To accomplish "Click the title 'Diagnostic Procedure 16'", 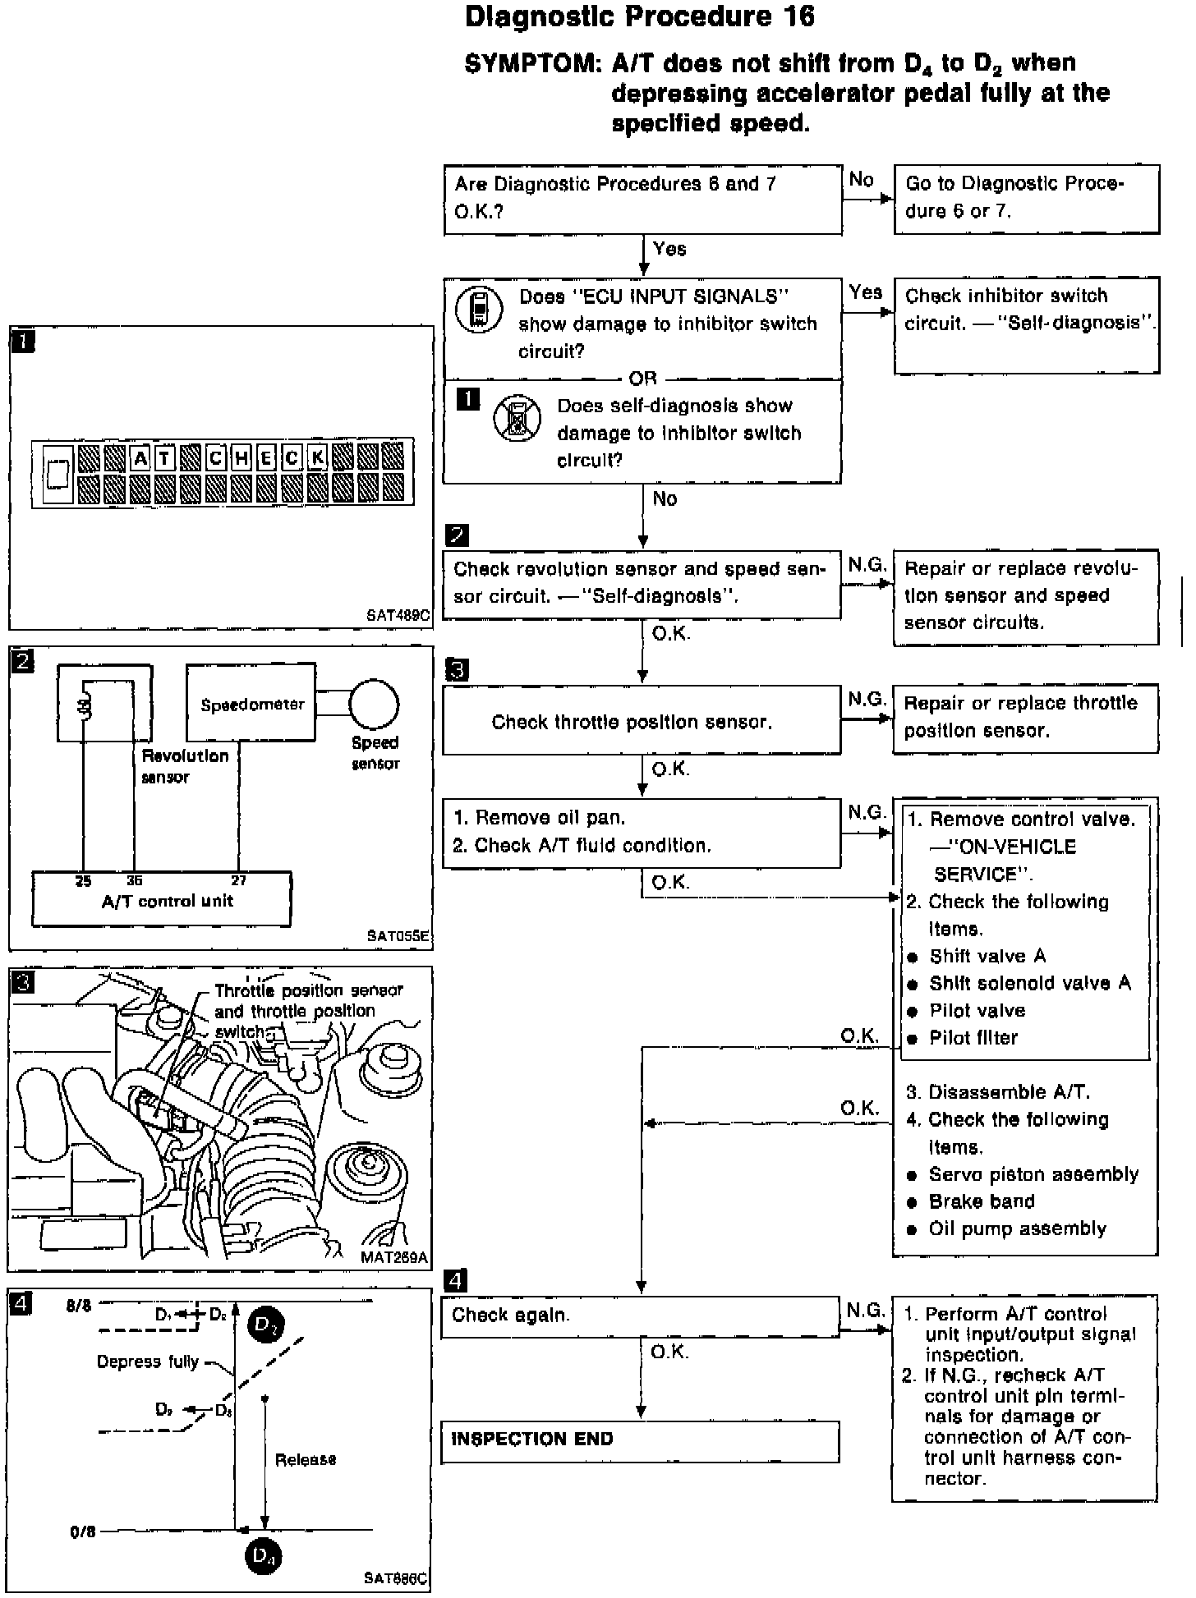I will point(640,17).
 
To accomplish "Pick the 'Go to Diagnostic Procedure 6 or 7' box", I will point(1026,198).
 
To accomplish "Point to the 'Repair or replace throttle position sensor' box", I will point(1025,717).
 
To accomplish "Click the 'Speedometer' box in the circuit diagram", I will point(251,705).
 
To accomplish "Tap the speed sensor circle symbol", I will point(374,705).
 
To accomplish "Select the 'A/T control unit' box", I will point(162,901).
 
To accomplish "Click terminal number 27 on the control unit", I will point(238,880).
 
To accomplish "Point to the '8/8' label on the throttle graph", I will point(80,1306).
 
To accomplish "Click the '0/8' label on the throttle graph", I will point(82,1531).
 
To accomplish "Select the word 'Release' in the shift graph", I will point(306,1459).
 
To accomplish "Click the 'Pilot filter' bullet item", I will point(973,1038).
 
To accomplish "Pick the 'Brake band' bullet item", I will point(981,1201).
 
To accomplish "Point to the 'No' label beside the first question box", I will point(861,180).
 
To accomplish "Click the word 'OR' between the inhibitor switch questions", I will point(642,379).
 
